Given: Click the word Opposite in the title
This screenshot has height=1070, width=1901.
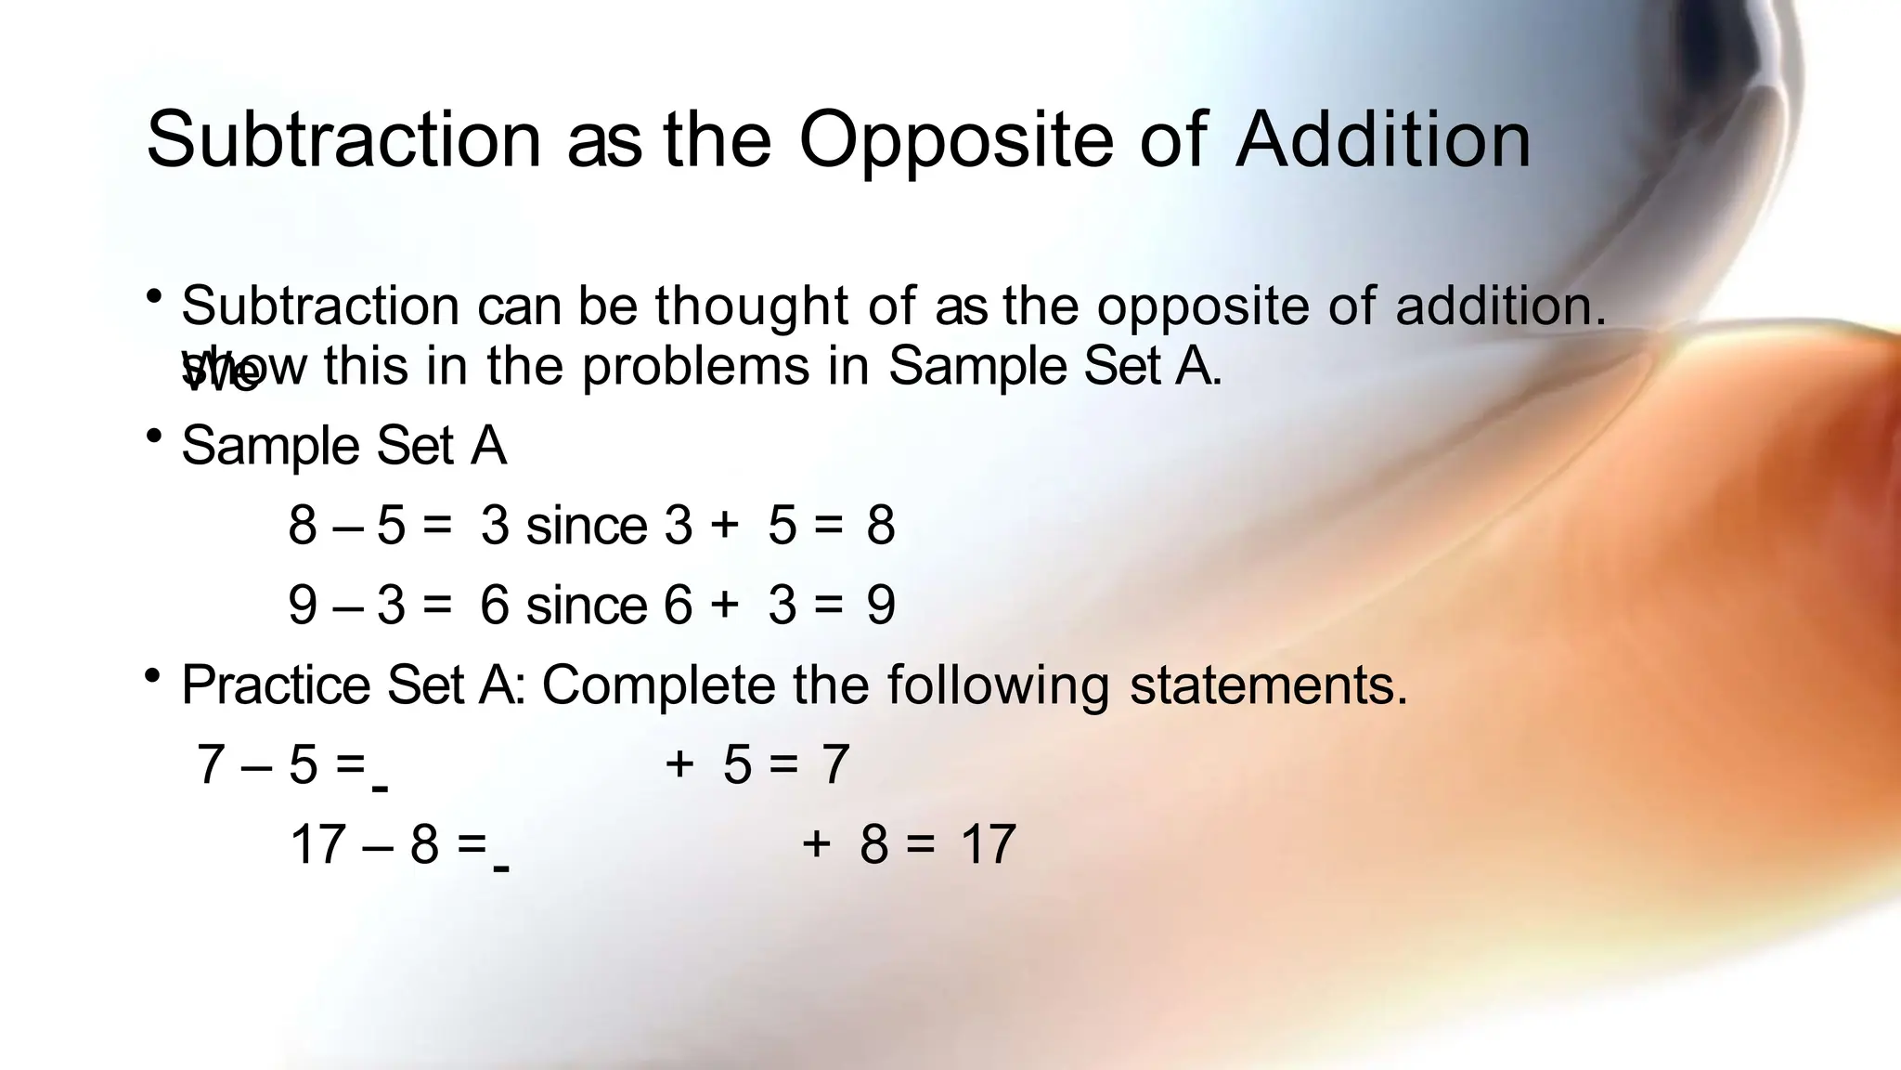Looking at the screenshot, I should pyautogui.click(x=956, y=141).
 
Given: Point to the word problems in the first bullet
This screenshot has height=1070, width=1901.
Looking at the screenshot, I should pyautogui.click(x=696, y=366).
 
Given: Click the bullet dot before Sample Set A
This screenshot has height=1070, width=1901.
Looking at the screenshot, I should pyautogui.click(x=154, y=435).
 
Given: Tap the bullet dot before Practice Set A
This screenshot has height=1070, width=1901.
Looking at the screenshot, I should pyautogui.click(x=154, y=675).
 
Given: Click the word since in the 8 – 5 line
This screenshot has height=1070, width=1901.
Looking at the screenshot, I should pyautogui.click(x=586, y=526).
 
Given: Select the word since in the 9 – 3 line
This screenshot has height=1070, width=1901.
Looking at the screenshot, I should pyautogui.click(x=586, y=606).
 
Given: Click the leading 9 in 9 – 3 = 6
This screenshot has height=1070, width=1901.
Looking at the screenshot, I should pyautogui.click(x=303, y=606).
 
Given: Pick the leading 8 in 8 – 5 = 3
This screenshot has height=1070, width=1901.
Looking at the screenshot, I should pyautogui.click(x=303, y=526).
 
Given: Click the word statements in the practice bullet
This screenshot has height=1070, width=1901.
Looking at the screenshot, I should pyautogui.click(x=1268, y=685).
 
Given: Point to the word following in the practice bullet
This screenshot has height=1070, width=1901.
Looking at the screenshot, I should pyautogui.click(x=998, y=687).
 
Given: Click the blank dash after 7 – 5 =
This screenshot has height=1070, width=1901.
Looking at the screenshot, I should pyautogui.click(x=380, y=789).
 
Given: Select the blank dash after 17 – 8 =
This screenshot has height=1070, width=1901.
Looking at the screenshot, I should pyautogui.click(x=501, y=869).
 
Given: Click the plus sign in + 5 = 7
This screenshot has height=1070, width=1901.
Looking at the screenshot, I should pyautogui.click(x=679, y=763).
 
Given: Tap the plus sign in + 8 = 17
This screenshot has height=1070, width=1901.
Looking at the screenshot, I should pyautogui.click(x=816, y=843).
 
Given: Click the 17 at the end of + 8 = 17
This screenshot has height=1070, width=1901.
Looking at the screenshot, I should pyautogui.click(x=989, y=845).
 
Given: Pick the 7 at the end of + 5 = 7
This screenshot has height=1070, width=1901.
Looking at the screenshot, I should pyautogui.click(x=835, y=765).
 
